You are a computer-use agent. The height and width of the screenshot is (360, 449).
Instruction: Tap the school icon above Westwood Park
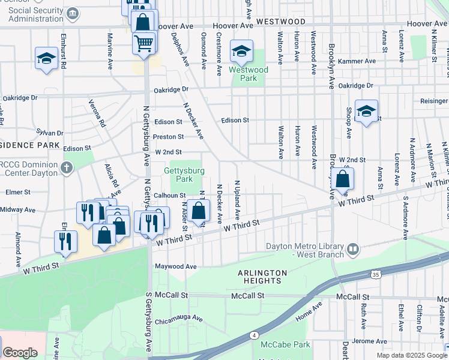click(x=242, y=52)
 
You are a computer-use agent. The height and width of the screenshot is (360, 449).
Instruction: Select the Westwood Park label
click(x=248, y=74)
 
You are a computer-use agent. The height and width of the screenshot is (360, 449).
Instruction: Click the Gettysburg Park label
click(x=184, y=175)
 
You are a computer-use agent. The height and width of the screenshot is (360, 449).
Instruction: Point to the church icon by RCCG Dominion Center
click(x=67, y=167)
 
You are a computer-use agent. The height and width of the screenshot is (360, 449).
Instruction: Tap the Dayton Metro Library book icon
click(x=354, y=248)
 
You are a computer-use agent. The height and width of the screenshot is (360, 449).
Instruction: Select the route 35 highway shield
click(x=375, y=274)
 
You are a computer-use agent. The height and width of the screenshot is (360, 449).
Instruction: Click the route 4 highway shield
click(x=255, y=334)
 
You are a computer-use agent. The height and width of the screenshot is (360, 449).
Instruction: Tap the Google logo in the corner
click(x=20, y=353)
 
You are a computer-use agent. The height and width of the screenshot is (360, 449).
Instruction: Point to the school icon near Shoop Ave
click(x=366, y=112)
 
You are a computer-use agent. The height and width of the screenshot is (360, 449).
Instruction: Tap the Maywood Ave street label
click(x=176, y=266)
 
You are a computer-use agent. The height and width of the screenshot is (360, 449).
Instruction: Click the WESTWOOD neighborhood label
click(x=280, y=21)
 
